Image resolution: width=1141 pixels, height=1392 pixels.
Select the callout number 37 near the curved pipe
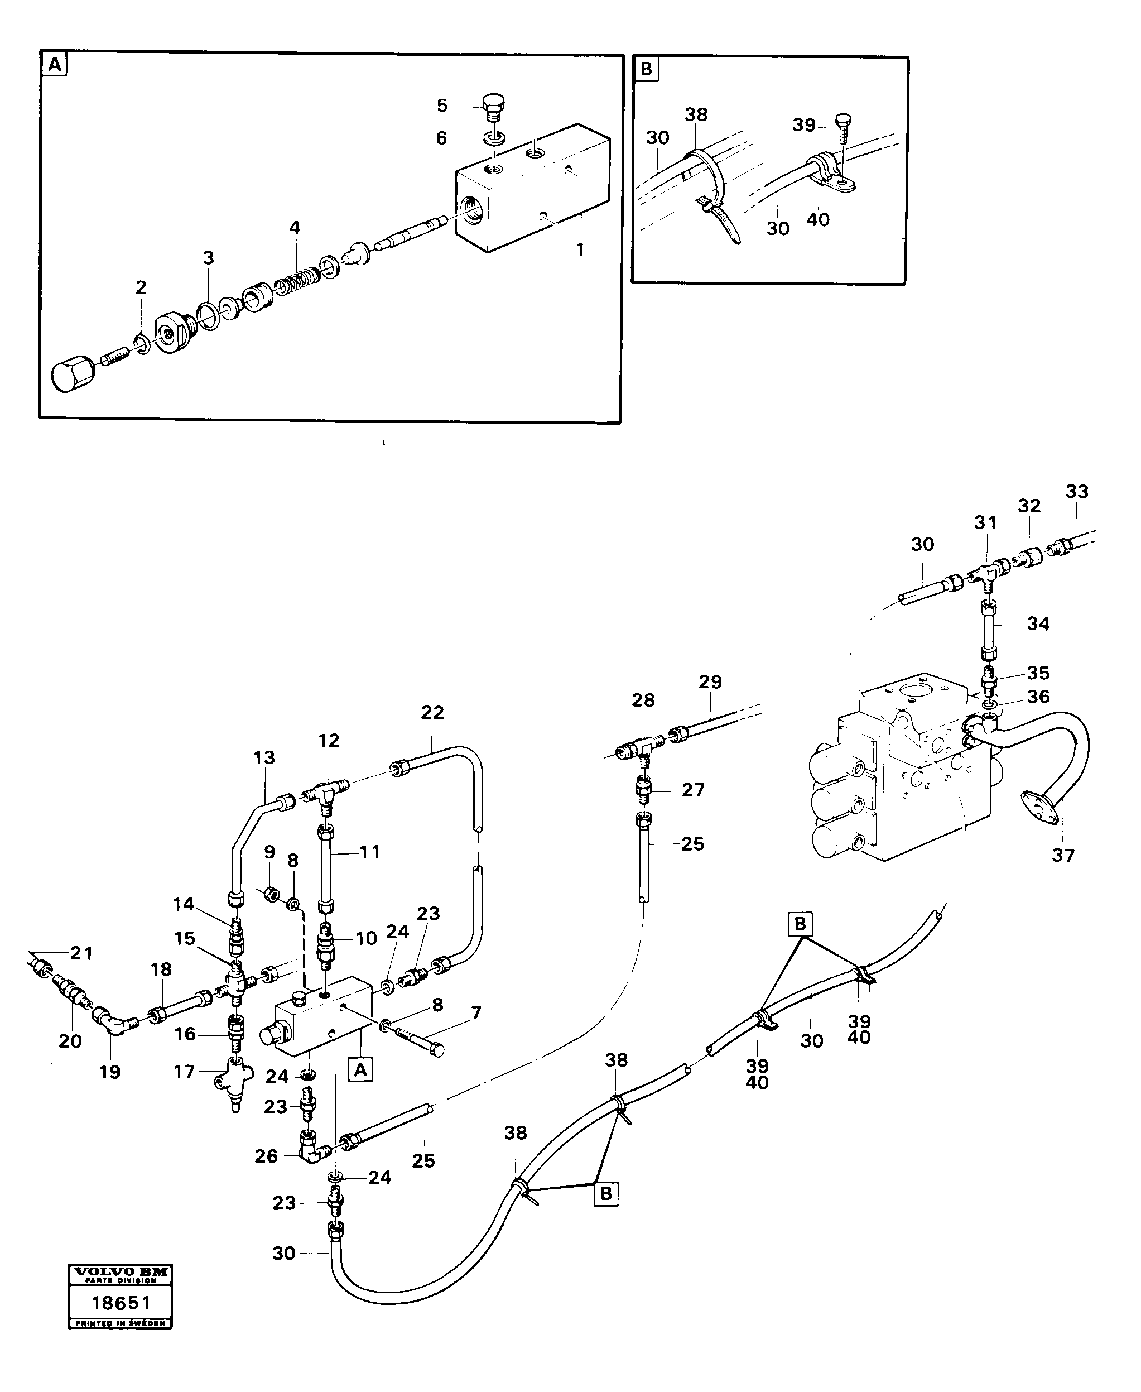(x=1063, y=856)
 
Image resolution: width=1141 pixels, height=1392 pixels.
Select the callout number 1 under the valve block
(x=580, y=250)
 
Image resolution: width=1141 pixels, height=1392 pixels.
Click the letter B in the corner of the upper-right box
(x=646, y=69)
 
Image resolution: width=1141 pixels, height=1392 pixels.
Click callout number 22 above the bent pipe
(x=432, y=712)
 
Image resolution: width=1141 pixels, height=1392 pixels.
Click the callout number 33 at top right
(x=1077, y=491)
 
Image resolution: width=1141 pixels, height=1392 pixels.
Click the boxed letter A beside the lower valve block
(x=360, y=1070)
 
